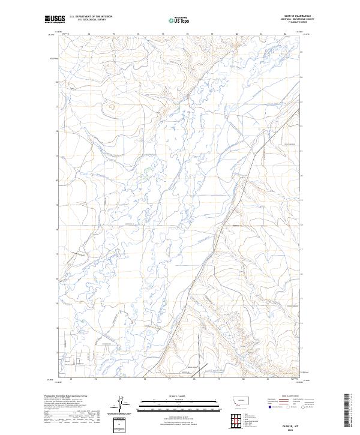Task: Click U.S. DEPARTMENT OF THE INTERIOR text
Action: coord(91,17)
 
